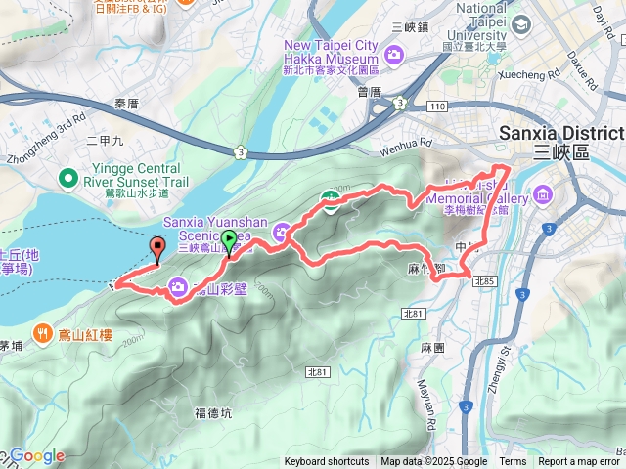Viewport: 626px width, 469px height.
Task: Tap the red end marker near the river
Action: (x=157, y=249)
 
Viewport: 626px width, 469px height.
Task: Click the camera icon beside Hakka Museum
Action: (x=395, y=53)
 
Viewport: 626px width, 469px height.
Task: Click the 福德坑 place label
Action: (x=213, y=412)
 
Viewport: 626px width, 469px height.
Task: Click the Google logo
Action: (x=36, y=455)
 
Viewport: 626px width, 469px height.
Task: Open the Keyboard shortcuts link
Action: (x=327, y=462)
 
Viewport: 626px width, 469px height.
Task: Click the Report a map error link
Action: (x=578, y=462)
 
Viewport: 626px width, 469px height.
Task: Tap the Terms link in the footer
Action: (x=513, y=462)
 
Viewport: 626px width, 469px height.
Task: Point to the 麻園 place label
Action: (x=431, y=347)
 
